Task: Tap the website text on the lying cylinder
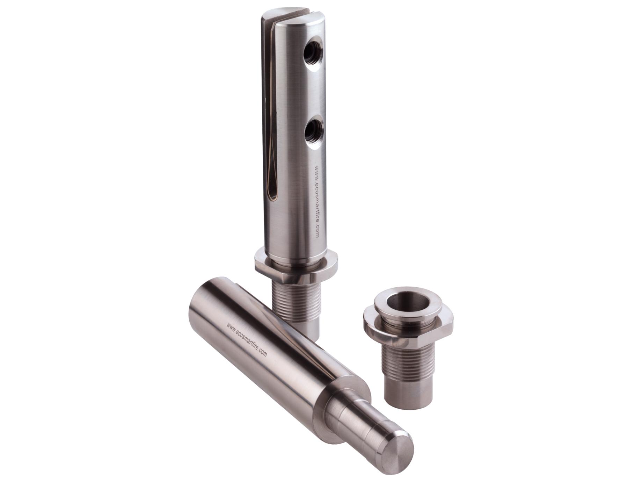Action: (247, 339)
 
